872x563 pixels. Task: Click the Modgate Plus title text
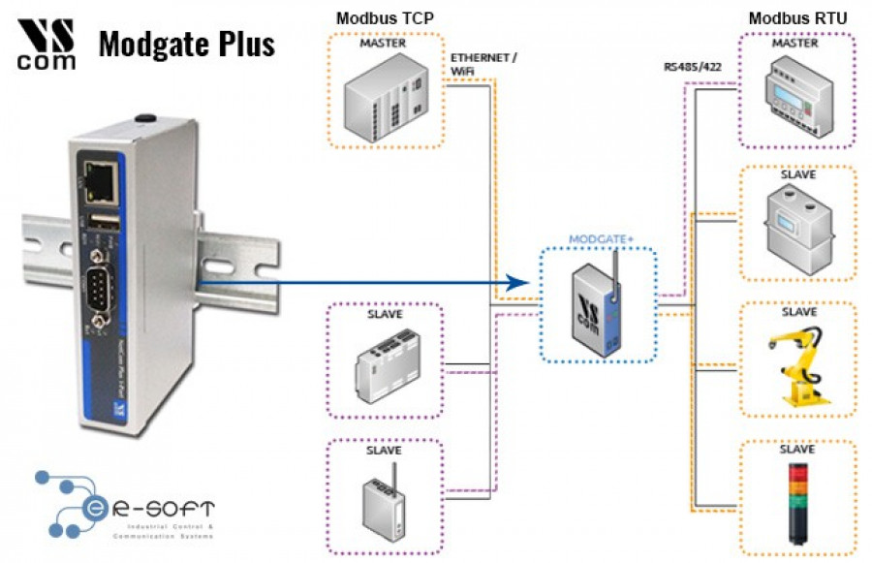pyautogui.click(x=186, y=44)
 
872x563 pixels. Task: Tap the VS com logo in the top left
pyautogui.click(x=47, y=44)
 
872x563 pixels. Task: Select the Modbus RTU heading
pyautogui.click(x=798, y=18)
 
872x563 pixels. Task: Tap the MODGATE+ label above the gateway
pyautogui.click(x=598, y=238)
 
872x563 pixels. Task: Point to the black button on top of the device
pyautogui.click(x=146, y=118)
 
